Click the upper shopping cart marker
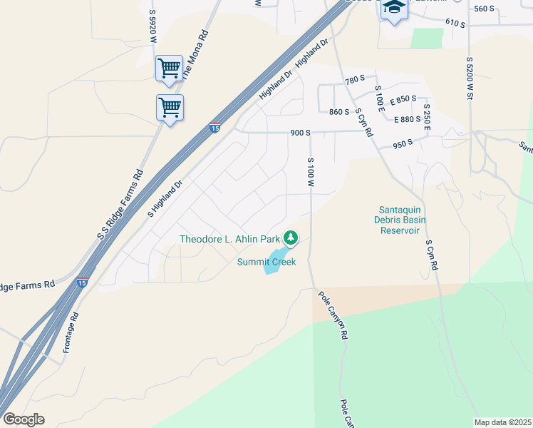(169, 69)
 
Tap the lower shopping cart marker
(170, 108)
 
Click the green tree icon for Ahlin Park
(290, 238)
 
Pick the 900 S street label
(300, 133)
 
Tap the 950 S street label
(403, 143)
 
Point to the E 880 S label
(408, 119)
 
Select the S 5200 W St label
(470, 78)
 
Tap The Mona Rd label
(193, 53)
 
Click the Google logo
(24, 419)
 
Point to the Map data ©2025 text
(502, 422)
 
